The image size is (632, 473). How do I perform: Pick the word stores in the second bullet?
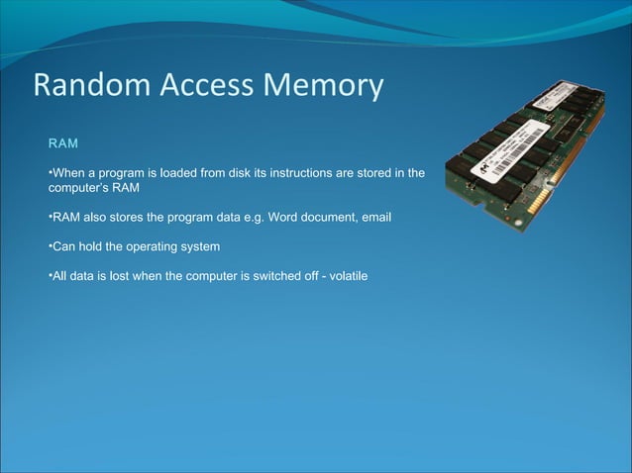coord(119,217)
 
